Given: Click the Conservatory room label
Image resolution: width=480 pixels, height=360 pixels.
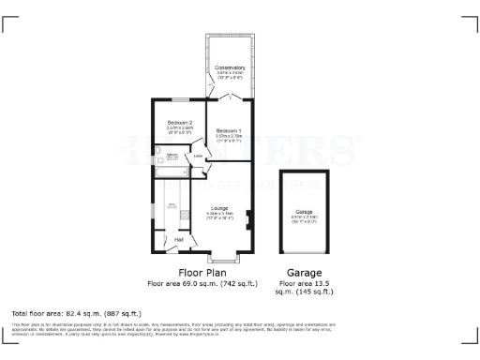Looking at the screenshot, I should click(x=230, y=67).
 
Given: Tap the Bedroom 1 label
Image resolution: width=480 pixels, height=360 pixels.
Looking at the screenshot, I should click(x=229, y=129).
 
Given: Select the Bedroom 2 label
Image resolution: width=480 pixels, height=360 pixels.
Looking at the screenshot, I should click(x=180, y=123).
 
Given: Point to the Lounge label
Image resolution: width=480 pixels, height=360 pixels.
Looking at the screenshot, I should click(x=220, y=208).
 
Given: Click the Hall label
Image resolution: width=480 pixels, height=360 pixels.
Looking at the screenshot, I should click(x=179, y=240).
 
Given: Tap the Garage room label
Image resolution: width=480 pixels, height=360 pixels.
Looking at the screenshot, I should click(x=304, y=212).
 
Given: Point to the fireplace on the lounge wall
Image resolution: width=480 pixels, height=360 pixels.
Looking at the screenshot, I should click(x=247, y=219).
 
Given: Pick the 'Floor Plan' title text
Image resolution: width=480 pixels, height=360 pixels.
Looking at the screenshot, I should click(x=205, y=273).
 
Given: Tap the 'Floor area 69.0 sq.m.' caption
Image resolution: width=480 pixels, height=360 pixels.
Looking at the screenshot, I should click(x=205, y=283).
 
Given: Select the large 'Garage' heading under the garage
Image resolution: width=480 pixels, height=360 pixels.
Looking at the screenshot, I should click(x=304, y=273).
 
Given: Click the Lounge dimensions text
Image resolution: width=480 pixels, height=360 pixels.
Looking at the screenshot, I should click(x=220, y=215).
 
